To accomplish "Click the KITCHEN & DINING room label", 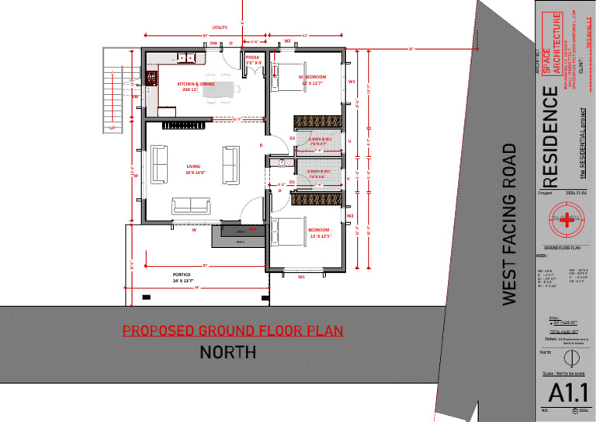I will click(196, 86).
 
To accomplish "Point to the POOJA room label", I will click(253, 60).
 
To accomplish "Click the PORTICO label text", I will click(182, 277).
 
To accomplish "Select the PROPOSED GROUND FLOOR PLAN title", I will click(232, 331).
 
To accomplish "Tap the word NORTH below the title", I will click(228, 353).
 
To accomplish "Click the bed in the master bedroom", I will click(289, 75).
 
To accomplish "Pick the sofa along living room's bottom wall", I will click(191, 205).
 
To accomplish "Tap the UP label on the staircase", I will click(113, 128).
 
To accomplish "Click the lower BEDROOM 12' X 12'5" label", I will click(320, 233).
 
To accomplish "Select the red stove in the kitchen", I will click(151, 78).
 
